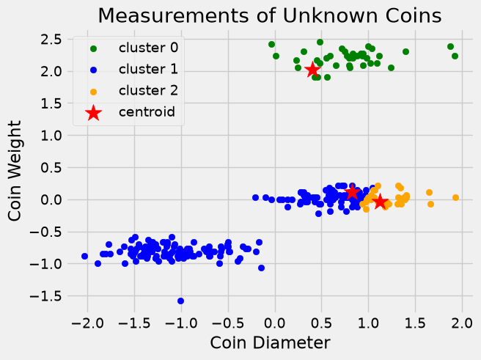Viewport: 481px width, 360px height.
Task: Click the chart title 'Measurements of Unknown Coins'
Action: click(270, 15)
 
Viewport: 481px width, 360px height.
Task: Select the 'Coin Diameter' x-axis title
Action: click(270, 342)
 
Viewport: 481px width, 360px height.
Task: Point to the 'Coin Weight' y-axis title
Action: click(15, 171)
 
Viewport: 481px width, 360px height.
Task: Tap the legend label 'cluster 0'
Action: click(148, 48)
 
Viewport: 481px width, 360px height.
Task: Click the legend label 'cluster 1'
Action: click(148, 70)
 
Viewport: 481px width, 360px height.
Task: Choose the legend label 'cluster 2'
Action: click(148, 91)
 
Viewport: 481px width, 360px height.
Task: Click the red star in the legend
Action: click(94, 113)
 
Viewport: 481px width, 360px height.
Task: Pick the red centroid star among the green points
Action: click(312, 70)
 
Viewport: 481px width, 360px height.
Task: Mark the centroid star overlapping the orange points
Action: click(380, 202)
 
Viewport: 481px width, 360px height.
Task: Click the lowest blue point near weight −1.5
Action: click(180, 301)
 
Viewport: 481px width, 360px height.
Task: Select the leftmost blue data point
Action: click(84, 256)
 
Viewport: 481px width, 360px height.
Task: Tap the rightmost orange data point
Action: click(455, 197)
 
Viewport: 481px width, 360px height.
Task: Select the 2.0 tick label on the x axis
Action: click(462, 323)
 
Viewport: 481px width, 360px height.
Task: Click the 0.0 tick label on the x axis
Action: click(275, 323)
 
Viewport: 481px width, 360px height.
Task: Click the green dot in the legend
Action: click(94, 48)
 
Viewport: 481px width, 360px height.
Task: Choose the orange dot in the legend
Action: click(94, 92)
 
